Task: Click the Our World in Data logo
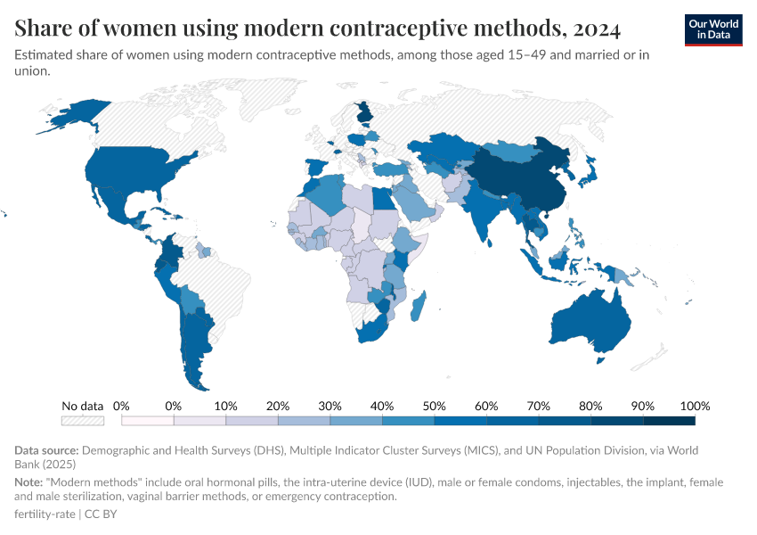click(x=712, y=29)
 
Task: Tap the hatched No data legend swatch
click(x=82, y=420)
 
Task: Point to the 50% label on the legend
click(x=434, y=406)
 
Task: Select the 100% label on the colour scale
click(x=695, y=406)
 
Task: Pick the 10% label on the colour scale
click(x=225, y=406)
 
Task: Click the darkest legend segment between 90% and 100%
click(x=669, y=420)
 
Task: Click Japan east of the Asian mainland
click(x=588, y=174)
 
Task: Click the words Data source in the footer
click(x=47, y=450)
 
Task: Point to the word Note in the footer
click(x=29, y=481)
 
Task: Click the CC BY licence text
click(x=101, y=514)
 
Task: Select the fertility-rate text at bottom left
click(x=45, y=514)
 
